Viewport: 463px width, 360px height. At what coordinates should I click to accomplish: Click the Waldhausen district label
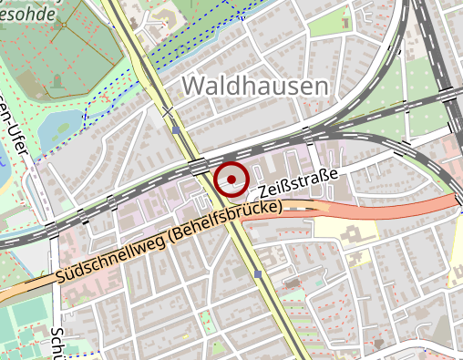tap(254, 87)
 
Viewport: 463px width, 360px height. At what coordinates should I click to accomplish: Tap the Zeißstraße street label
tap(298, 182)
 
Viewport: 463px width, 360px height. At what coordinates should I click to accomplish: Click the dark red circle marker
tap(232, 179)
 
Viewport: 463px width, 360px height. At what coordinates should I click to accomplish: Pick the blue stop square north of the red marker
tap(175, 130)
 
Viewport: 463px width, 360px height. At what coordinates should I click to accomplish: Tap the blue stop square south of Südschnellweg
tap(259, 274)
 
